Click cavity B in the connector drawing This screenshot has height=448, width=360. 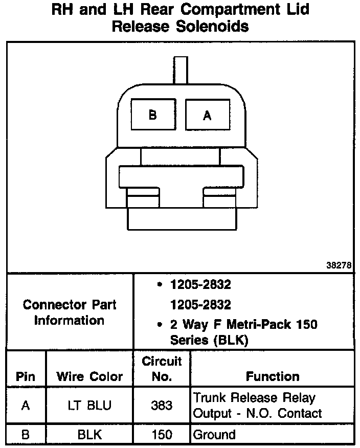(x=152, y=115)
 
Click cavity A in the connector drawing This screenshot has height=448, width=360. (x=207, y=116)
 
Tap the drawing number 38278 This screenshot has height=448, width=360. (x=339, y=265)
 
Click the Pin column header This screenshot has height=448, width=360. (x=26, y=377)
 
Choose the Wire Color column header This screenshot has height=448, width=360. (x=89, y=377)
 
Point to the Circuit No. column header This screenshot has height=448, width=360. (x=162, y=369)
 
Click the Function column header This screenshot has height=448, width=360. (x=273, y=377)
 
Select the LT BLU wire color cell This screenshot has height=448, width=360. (x=89, y=406)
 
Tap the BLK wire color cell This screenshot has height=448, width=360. (x=89, y=435)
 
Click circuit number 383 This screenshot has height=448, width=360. (x=162, y=406)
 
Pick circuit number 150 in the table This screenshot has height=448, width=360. (x=162, y=435)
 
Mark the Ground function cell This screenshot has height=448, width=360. (x=214, y=435)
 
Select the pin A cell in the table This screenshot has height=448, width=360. (x=26, y=406)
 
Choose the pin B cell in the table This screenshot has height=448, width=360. (x=26, y=435)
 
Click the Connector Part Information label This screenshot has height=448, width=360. (x=70, y=312)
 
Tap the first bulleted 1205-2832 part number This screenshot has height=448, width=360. (x=200, y=285)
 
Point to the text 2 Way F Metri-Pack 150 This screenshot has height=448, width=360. (x=243, y=324)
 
